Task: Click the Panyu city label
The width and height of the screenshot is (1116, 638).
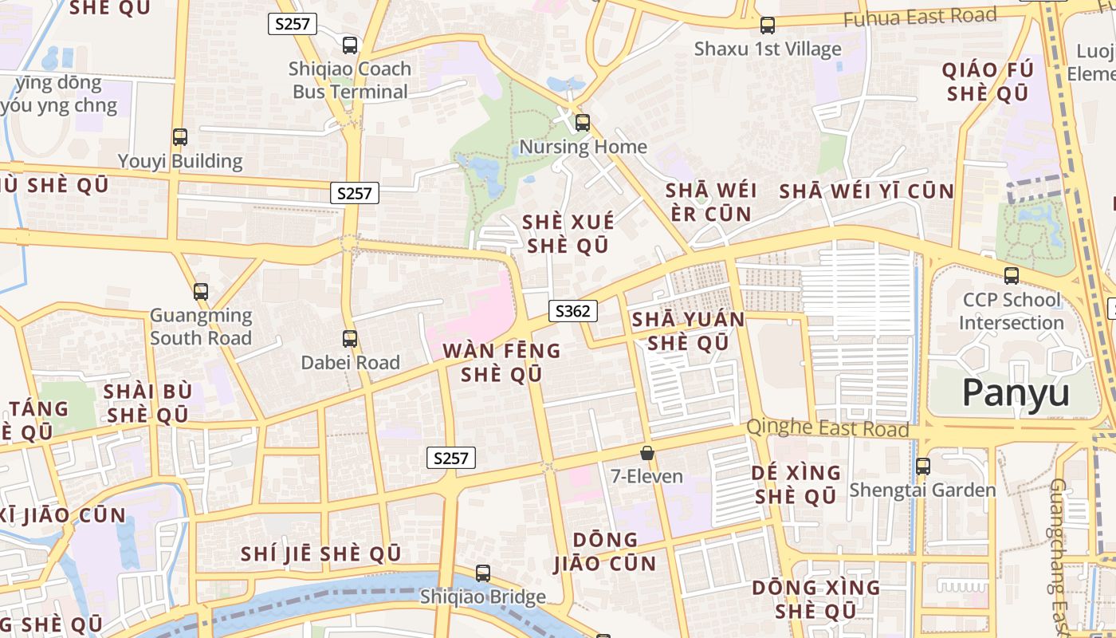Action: click(1016, 392)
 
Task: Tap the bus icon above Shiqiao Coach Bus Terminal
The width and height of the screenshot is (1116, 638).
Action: click(350, 45)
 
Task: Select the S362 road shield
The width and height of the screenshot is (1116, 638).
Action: click(573, 311)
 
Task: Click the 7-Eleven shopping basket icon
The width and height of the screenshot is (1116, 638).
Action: click(647, 453)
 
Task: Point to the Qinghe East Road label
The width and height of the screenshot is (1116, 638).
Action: click(827, 428)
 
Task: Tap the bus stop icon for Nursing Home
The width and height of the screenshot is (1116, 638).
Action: click(583, 123)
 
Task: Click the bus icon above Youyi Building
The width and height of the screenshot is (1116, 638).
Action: click(180, 137)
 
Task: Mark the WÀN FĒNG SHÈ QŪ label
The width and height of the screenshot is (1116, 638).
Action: click(501, 362)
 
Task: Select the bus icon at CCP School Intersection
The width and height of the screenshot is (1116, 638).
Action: click(1012, 276)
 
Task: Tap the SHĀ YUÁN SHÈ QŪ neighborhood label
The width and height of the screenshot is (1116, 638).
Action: click(688, 331)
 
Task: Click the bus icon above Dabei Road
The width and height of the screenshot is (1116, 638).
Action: click(350, 339)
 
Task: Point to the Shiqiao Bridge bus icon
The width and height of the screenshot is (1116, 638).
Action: click(483, 573)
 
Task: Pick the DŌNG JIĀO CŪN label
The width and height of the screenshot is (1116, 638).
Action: click(605, 551)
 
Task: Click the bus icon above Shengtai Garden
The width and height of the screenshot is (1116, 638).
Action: click(923, 466)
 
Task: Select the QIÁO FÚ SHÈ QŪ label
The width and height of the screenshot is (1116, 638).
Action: click(988, 81)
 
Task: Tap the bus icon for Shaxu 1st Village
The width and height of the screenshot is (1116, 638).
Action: click(768, 26)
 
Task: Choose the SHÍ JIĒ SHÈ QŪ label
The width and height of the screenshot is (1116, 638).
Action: click(320, 553)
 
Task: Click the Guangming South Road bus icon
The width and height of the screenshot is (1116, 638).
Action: click(201, 292)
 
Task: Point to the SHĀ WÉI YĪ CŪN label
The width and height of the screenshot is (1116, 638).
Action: click(866, 191)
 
